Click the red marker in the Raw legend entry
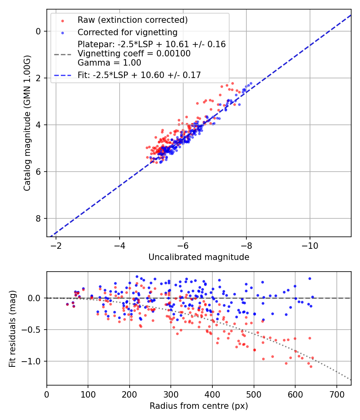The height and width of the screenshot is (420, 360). pyautogui.click(x=62, y=20)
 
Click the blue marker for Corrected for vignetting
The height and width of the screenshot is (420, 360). pyautogui.click(x=62, y=32)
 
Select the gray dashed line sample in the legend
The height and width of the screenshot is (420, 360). pyautogui.click(x=62, y=54)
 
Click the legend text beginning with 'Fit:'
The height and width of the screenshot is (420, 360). pyautogui.click(x=139, y=75)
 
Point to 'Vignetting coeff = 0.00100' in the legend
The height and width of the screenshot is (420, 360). pyautogui.click(x=134, y=54)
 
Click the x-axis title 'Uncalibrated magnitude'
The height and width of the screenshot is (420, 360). pyautogui.click(x=199, y=257)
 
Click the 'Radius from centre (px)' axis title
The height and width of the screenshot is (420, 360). pyautogui.click(x=199, y=406)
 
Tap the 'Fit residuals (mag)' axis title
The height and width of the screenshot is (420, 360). pyautogui.click(x=12, y=328)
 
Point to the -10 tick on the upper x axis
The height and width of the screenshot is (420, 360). pyautogui.click(x=309, y=245)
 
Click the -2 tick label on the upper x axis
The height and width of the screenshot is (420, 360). pyautogui.click(x=56, y=245)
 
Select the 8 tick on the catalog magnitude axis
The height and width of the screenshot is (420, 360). pyautogui.click(x=38, y=218)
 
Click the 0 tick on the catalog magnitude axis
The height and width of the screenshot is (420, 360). pyautogui.click(x=38, y=31)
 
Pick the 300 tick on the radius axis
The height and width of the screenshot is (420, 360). pyautogui.click(x=171, y=393)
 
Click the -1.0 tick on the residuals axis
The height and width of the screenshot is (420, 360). pyautogui.click(x=34, y=361)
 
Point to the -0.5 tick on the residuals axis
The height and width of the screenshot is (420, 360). pyautogui.click(x=34, y=330)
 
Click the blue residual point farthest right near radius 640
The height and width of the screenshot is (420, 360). pyautogui.click(x=312, y=297)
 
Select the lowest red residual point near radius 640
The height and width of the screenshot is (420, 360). pyautogui.click(x=311, y=366)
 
